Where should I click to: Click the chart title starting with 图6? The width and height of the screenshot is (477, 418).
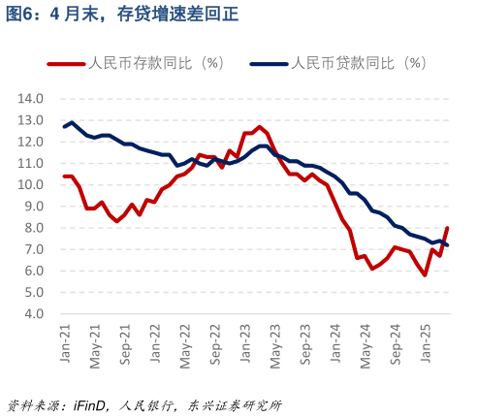[122, 14]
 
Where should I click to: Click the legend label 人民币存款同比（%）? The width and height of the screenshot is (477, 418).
[156, 64]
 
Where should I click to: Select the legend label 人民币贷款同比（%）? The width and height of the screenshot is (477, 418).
[359, 64]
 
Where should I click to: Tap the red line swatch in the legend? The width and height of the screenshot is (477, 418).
[66, 64]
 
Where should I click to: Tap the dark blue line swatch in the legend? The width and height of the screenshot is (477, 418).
[269, 64]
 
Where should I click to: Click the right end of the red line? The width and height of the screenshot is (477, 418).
[447, 228]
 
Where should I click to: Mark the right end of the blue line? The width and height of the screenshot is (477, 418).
[447, 245]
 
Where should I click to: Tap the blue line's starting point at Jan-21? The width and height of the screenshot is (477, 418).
[65, 127]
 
